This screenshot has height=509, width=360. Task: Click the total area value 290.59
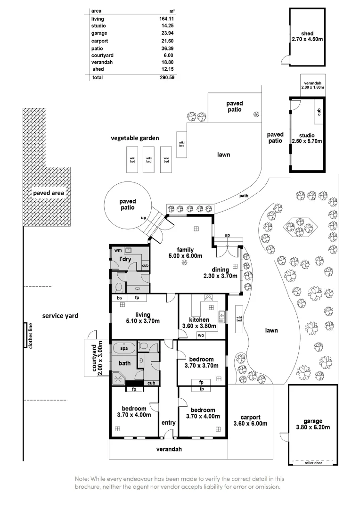[x=167, y=77]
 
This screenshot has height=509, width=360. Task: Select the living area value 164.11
[x=167, y=19]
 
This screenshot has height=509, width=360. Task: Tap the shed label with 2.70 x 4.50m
[x=307, y=37]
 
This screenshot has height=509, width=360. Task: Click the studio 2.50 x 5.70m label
[x=307, y=138]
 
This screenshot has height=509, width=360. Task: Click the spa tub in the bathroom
[x=124, y=349]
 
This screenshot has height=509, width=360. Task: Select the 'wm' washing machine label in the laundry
[x=117, y=251]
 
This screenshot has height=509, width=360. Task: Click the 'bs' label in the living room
[x=120, y=298]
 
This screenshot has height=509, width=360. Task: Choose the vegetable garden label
[x=135, y=138]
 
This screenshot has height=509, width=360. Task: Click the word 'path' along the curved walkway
[x=244, y=196]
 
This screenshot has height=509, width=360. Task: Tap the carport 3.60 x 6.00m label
[x=250, y=420]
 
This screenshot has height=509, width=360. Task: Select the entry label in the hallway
[x=168, y=423]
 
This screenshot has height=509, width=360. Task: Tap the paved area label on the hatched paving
[x=48, y=193]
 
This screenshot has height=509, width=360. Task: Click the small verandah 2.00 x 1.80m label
[x=313, y=85]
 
